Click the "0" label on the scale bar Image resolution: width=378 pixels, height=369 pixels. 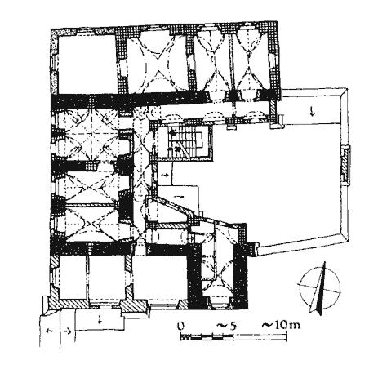[x=180, y=326]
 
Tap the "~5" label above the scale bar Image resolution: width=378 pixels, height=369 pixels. [x=226, y=326]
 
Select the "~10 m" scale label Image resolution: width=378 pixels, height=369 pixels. [x=281, y=325]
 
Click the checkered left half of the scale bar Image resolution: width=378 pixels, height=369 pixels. [x=207, y=337]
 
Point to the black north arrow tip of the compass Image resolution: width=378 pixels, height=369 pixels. [x=324, y=263]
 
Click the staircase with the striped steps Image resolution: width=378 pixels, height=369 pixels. [x=185, y=142]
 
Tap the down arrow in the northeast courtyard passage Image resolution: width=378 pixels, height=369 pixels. [x=312, y=111]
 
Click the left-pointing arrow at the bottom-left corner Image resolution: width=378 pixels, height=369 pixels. [x=50, y=331]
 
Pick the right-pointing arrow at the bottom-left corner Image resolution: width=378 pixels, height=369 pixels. [x=68, y=331]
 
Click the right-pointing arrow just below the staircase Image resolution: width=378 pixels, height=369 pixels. [x=164, y=175]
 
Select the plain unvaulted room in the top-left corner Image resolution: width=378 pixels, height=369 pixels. [x=87, y=64]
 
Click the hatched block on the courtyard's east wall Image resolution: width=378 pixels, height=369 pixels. [x=345, y=165]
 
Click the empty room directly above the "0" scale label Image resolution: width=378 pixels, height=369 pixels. [x=161, y=278]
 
